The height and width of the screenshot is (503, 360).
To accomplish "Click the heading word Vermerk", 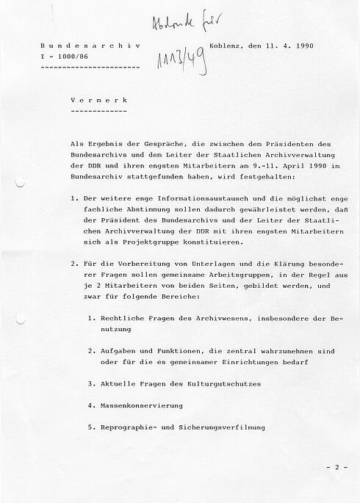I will pos(95,98).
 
